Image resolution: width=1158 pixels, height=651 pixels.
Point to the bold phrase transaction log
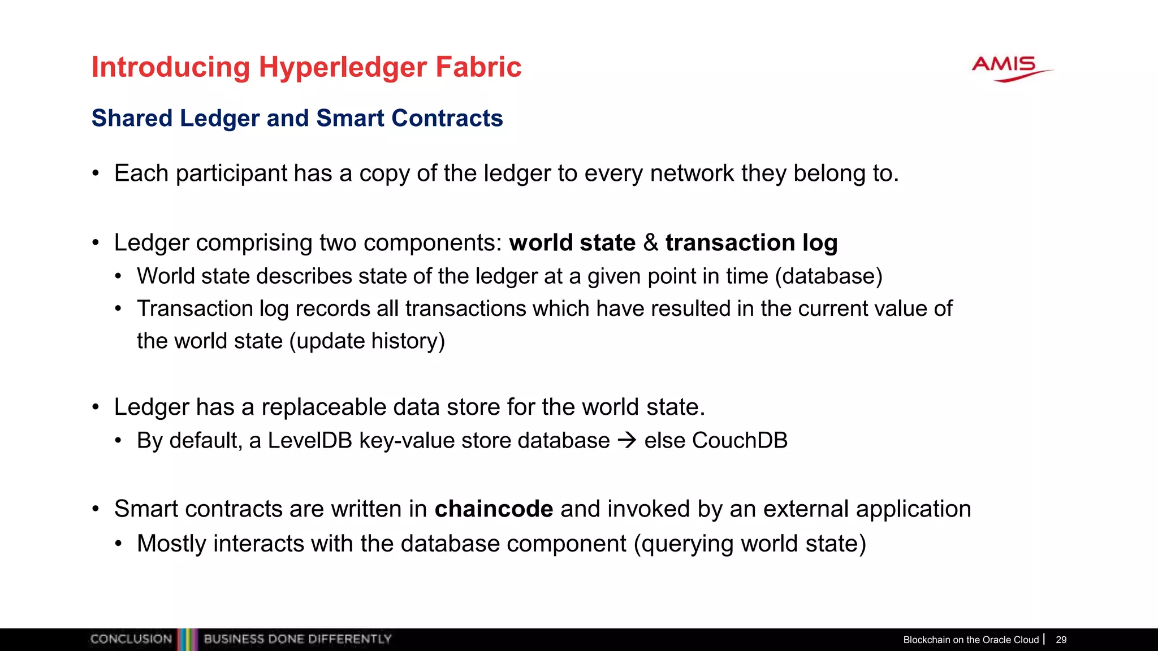(x=751, y=242)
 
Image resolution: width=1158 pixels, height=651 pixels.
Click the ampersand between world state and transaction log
(x=650, y=242)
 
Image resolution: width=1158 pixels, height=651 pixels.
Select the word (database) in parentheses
(x=828, y=276)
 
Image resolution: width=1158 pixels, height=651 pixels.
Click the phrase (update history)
(x=367, y=341)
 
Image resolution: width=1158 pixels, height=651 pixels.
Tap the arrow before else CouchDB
(x=627, y=440)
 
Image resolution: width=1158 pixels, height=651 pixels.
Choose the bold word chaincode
(x=494, y=509)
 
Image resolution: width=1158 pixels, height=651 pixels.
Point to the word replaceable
(x=323, y=407)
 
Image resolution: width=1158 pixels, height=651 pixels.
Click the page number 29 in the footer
(x=1061, y=640)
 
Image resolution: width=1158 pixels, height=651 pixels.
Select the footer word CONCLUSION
(x=131, y=639)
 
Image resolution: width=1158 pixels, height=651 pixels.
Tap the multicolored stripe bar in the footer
(x=188, y=639)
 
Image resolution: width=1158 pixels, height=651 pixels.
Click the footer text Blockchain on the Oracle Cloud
(x=971, y=640)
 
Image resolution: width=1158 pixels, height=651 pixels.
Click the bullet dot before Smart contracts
(x=96, y=509)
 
